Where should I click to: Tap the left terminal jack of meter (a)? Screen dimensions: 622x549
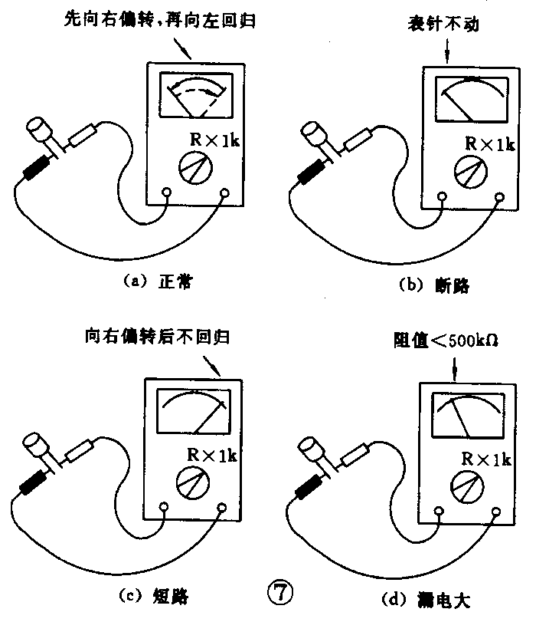[168, 194]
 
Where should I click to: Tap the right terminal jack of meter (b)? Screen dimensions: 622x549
[498, 197]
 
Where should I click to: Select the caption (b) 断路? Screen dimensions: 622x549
[434, 286]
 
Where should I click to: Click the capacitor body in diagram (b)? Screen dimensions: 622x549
[315, 134]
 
